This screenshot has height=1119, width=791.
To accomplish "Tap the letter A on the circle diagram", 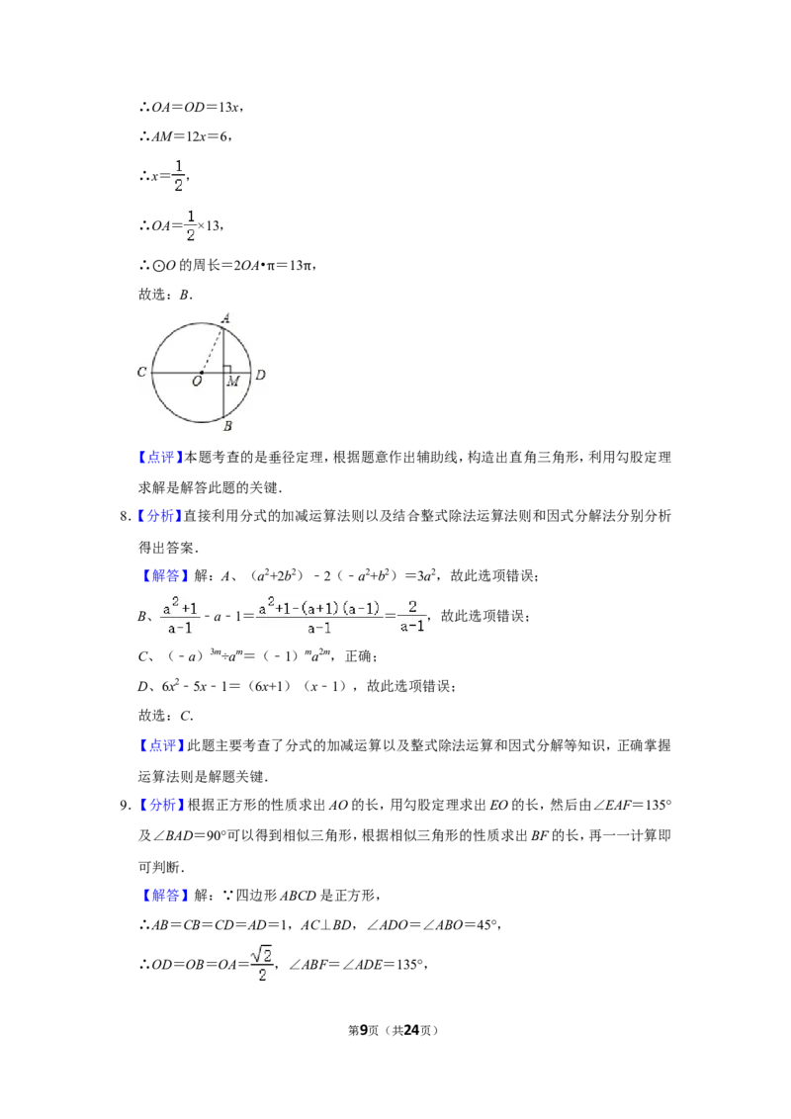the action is [x=225, y=318].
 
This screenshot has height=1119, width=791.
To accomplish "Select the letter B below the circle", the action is [x=227, y=426].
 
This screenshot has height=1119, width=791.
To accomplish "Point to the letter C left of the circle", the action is [x=142, y=373].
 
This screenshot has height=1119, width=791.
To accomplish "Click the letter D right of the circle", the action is [x=260, y=375].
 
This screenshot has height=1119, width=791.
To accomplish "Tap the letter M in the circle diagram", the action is [x=232, y=382].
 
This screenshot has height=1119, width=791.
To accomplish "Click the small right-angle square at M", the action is [x=227, y=369].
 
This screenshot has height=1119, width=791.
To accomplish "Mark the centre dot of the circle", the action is [x=201, y=373].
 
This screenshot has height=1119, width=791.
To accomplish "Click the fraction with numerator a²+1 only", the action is [x=181, y=617].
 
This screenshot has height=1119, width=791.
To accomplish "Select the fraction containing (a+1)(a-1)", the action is [x=319, y=617].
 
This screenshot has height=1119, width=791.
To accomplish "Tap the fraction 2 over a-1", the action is [x=411, y=617].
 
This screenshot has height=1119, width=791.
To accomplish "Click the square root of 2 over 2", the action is [x=261, y=964].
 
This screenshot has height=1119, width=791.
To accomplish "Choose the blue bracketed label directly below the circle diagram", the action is [x=159, y=459].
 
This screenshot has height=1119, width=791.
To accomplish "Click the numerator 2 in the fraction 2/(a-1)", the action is [x=411, y=607].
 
